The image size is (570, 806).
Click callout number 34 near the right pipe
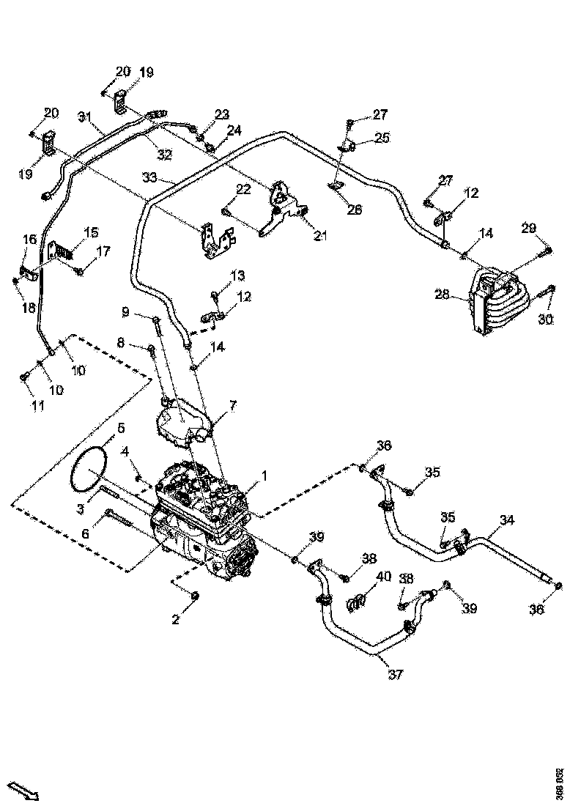click(507, 521)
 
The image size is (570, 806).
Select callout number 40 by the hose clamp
click(383, 577)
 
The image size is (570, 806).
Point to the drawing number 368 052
click(559, 783)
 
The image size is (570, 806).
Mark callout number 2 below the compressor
click(176, 620)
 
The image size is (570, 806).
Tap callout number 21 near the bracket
click(321, 235)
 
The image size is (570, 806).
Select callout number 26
click(355, 210)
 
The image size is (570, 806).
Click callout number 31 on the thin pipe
click(86, 117)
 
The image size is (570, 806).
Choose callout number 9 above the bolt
click(125, 312)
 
